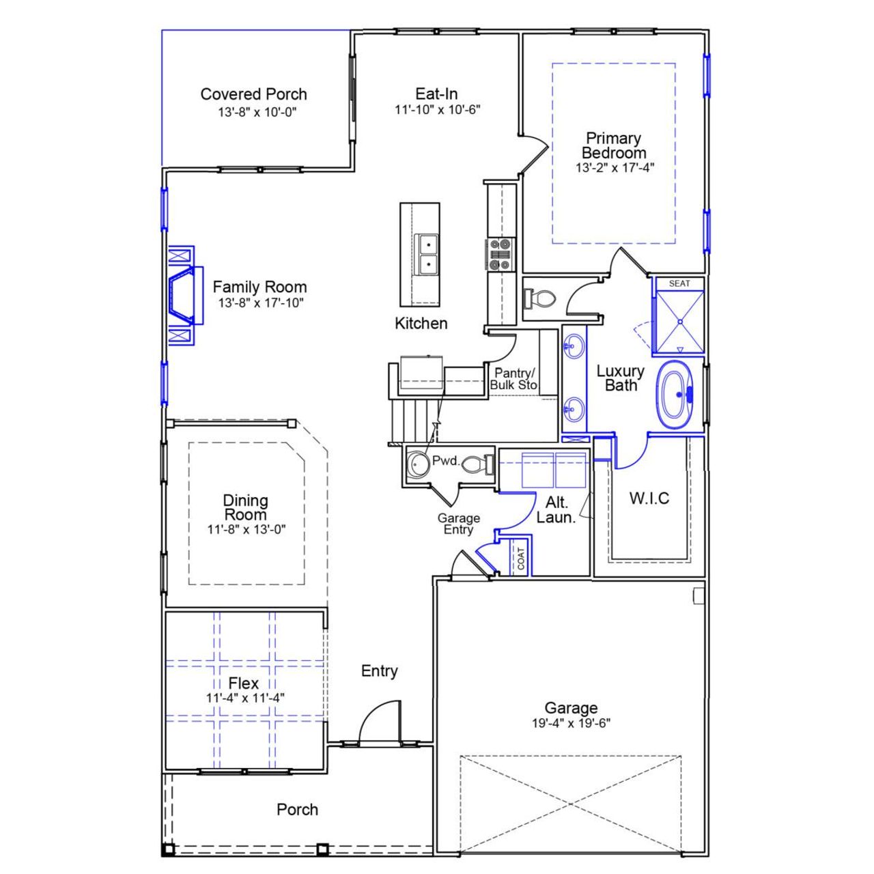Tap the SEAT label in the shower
click(679, 283)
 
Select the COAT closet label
click(522, 559)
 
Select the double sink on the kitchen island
click(427, 253)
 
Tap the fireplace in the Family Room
click(183, 294)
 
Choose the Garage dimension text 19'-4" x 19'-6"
click(571, 724)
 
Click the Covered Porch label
click(253, 94)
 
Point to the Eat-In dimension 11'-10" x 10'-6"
click(437, 109)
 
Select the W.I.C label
click(649, 498)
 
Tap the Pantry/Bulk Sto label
click(515, 379)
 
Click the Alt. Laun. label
click(556, 510)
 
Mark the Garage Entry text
click(458, 524)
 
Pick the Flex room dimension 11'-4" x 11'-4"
click(244, 698)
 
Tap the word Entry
click(379, 671)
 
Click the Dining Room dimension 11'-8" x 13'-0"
click(246, 529)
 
